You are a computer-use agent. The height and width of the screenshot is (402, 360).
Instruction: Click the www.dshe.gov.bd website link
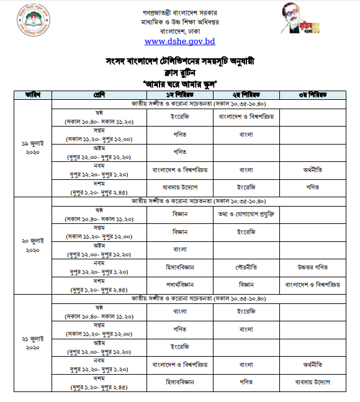tap(179, 42)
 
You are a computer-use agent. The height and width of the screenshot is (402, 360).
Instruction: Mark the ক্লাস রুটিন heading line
tap(180, 72)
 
